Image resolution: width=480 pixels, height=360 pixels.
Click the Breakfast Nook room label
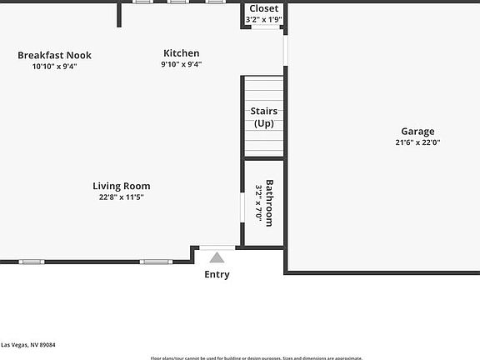click(x=54, y=55)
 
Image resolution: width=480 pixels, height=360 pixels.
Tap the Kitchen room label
click(x=181, y=53)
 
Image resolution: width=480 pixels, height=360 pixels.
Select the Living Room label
click(x=122, y=186)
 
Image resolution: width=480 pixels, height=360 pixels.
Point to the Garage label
click(x=417, y=131)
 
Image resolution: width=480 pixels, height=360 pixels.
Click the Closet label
click(x=264, y=8)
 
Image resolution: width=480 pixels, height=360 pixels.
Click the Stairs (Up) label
click(x=264, y=117)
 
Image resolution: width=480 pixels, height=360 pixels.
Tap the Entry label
click(x=217, y=274)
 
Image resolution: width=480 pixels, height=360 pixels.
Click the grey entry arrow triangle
click(x=217, y=257)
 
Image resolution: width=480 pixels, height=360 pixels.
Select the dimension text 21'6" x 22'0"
click(x=417, y=142)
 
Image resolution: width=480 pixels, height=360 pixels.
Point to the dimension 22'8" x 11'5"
click(x=122, y=197)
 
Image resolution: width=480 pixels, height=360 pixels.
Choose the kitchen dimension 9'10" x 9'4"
click(x=181, y=64)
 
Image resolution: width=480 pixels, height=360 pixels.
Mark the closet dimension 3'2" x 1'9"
click(x=264, y=19)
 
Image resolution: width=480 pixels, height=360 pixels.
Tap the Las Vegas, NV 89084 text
click(x=28, y=344)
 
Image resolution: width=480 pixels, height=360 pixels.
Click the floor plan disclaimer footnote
click(x=256, y=357)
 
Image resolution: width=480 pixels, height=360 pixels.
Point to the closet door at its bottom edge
click(x=264, y=27)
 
